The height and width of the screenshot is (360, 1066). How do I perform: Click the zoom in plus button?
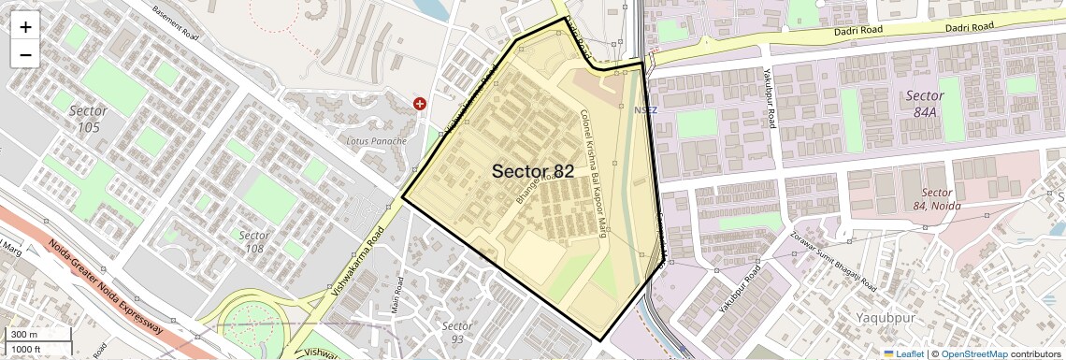pyautogui.click(x=25, y=26)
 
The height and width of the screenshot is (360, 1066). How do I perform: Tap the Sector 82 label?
pyautogui.click(x=533, y=171)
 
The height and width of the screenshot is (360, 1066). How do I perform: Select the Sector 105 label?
pyautogui.click(x=88, y=119)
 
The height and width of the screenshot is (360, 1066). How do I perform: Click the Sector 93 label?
pyautogui.click(x=456, y=332)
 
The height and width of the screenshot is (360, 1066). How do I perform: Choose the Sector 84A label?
pyautogui.click(x=924, y=104)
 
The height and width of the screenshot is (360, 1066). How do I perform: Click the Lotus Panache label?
pyautogui.click(x=377, y=141)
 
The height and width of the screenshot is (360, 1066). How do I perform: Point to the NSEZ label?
pyautogui.click(x=645, y=110)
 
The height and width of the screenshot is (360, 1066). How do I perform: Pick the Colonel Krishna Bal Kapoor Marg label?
pyautogui.click(x=595, y=173)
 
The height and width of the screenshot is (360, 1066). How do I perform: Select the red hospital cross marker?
pyautogui.click(x=420, y=104)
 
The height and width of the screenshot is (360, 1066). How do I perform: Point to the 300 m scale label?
pyautogui.click(x=24, y=335)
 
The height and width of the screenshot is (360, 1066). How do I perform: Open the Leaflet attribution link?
pyautogui.click(x=903, y=353)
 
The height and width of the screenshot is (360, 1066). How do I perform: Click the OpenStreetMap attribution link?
pyautogui.click(x=973, y=353)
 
